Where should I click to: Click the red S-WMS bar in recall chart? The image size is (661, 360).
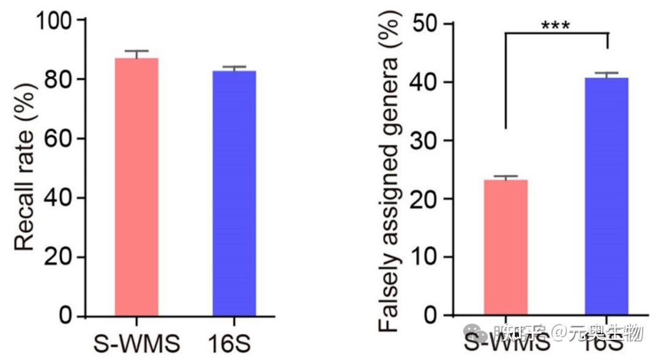tap(136, 187)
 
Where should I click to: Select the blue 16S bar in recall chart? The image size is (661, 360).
tap(234, 193)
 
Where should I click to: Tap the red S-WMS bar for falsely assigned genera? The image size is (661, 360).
tap(506, 247)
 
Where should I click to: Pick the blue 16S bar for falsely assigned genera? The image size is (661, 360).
tap(606, 196)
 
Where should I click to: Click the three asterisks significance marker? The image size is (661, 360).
tap(556, 25)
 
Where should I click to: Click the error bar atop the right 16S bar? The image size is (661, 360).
tap(606, 75)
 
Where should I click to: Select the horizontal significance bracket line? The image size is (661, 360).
tap(556, 34)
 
